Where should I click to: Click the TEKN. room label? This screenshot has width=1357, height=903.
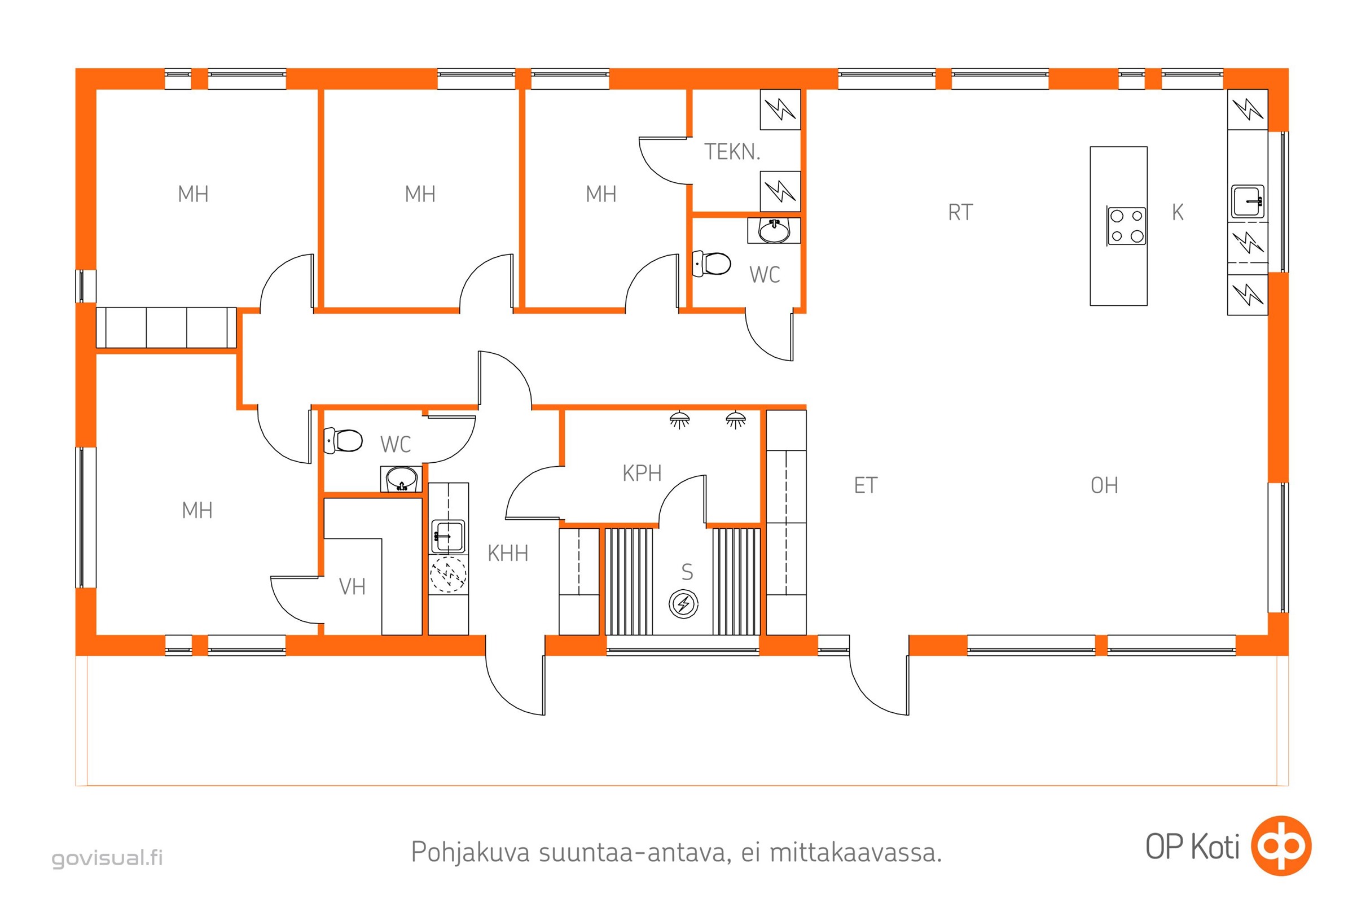click(732, 152)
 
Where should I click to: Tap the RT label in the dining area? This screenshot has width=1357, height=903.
click(960, 213)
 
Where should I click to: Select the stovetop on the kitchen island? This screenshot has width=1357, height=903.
click(1127, 226)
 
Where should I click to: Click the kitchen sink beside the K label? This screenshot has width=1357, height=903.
click(1248, 201)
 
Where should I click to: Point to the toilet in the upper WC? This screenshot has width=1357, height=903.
click(712, 264)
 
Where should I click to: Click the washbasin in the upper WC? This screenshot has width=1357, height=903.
click(774, 230)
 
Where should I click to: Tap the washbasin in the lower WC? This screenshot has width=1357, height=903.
click(401, 479)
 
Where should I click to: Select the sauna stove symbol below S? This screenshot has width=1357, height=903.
click(683, 604)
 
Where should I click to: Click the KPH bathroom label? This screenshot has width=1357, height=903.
click(642, 474)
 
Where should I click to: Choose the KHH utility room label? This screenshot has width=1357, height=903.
click(508, 554)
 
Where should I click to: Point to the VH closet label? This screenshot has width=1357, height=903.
click(352, 587)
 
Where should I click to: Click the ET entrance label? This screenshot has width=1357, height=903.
click(866, 485)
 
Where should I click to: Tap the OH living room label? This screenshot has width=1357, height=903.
click(1104, 485)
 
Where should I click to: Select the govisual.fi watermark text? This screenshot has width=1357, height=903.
click(107, 858)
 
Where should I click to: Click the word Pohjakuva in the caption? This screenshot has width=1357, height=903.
click(470, 852)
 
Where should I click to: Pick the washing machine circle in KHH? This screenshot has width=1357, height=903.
click(449, 574)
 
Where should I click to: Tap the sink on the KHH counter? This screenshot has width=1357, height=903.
click(447, 536)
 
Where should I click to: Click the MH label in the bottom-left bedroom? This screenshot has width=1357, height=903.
click(197, 510)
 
